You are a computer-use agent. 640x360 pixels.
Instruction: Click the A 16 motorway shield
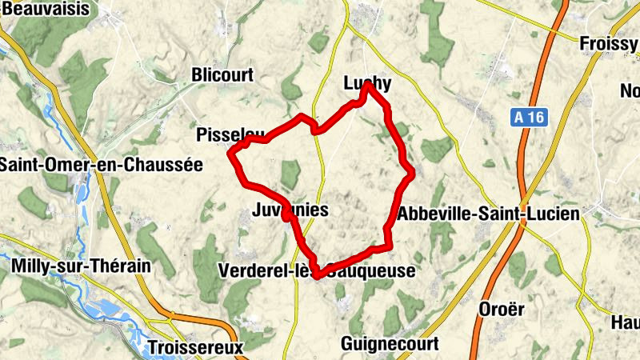(529, 118)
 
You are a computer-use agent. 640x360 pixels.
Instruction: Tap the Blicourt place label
(222, 75)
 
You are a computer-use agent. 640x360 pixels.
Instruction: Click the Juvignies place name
(290, 210)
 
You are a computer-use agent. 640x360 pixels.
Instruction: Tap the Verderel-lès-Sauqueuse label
(316, 271)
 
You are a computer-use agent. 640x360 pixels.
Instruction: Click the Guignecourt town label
(389, 344)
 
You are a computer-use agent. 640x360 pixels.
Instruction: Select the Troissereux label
(194, 348)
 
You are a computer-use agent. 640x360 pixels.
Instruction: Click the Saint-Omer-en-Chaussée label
(102, 165)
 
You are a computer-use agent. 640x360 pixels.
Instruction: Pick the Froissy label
(609, 43)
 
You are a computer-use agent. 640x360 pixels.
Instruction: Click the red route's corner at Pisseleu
(232, 152)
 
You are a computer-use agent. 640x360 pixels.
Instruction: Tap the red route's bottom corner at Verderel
(318, 275)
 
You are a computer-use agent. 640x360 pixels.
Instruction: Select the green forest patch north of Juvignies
(290, 174)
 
